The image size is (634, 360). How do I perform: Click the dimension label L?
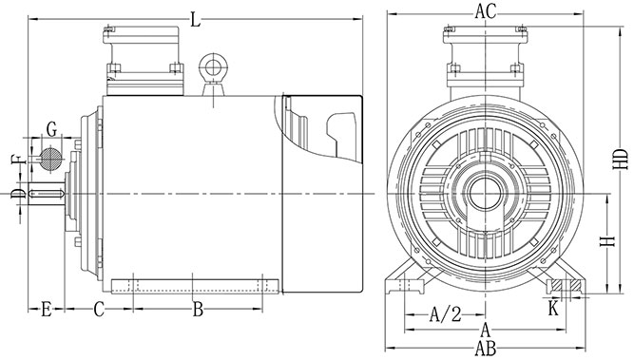(x=196, y=19)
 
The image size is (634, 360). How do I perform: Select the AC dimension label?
(x=485, y=11)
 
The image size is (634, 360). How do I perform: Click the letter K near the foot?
(x=553, y=309)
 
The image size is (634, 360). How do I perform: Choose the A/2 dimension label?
(x=445, y=314)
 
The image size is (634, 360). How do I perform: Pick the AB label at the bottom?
(x=485, y=348)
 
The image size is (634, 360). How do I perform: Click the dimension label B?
(x=198, y=310)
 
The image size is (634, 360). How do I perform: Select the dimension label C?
(x=99, y=310)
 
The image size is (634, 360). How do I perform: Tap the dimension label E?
(x=46, y=310)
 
